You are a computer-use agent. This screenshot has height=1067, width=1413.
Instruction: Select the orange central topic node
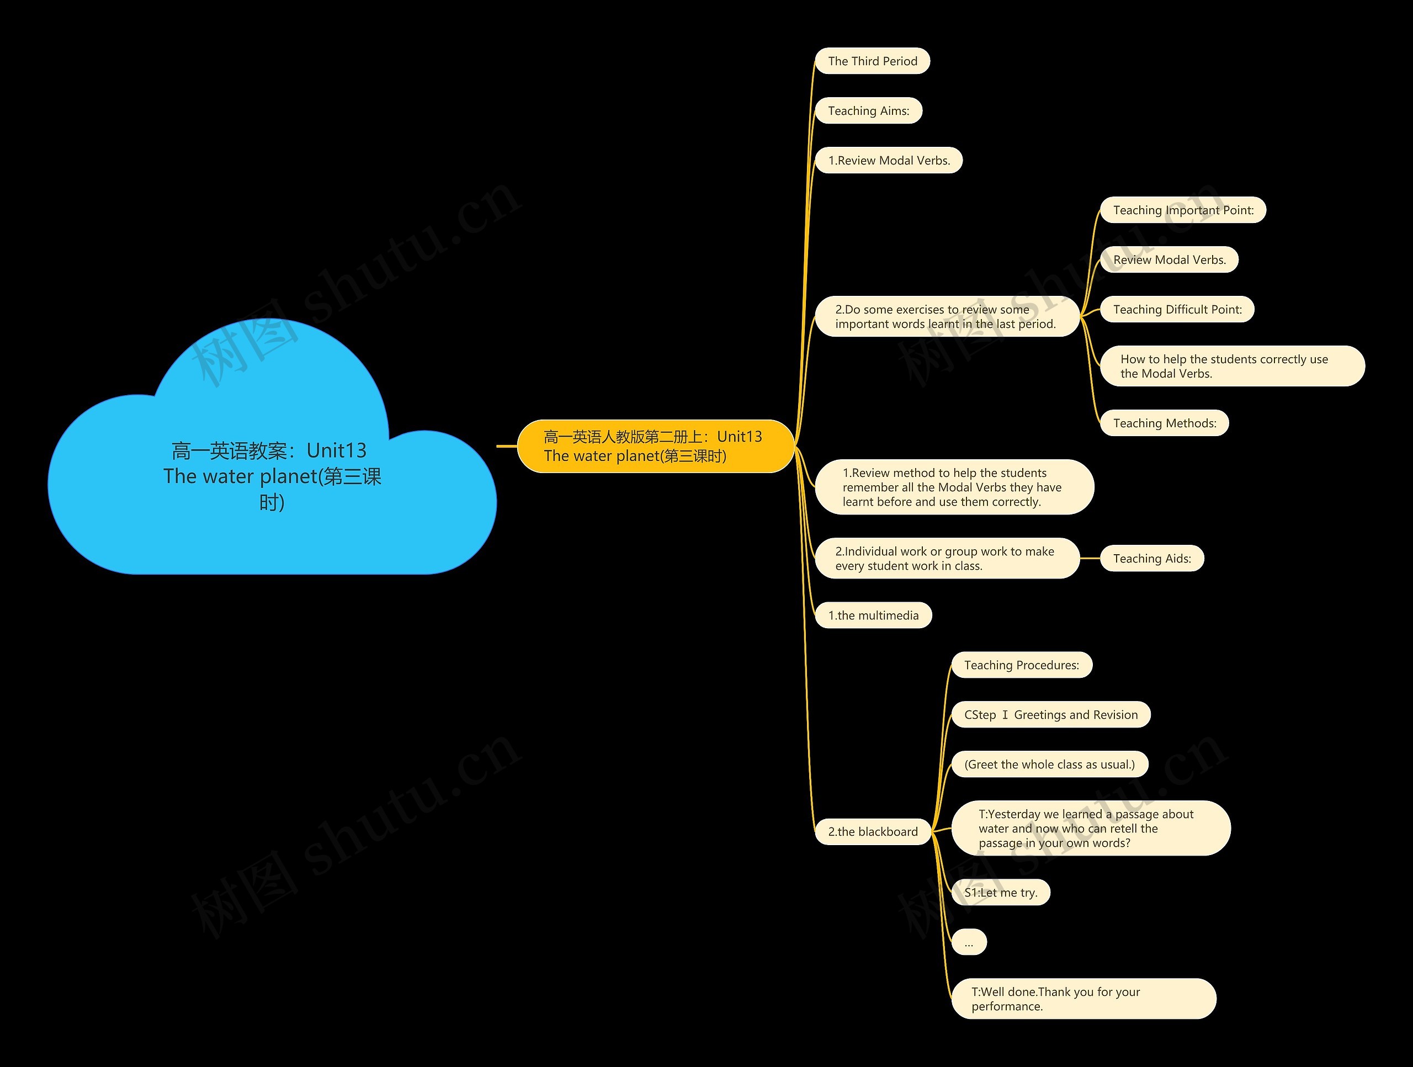655,446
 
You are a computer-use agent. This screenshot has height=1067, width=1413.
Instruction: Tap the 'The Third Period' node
873,61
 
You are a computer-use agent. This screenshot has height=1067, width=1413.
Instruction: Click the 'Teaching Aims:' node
869,110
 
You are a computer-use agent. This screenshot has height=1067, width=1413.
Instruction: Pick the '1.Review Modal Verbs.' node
889,161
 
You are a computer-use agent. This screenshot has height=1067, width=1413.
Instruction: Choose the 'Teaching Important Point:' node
1183,210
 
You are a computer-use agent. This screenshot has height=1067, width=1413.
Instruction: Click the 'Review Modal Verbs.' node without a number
1170,260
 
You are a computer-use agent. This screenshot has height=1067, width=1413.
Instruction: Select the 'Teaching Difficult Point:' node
1177,310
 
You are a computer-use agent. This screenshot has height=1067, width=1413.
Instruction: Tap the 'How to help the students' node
1232,366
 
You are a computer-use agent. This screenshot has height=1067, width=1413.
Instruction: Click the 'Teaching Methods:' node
1165,423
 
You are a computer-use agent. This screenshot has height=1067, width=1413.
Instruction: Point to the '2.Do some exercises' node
947,317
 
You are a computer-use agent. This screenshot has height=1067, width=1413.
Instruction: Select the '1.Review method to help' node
954,487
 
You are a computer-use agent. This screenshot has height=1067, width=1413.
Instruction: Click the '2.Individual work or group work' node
947,559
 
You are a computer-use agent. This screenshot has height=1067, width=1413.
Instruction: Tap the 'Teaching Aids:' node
1152,559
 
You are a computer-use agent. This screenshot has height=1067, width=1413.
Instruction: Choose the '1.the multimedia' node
873,615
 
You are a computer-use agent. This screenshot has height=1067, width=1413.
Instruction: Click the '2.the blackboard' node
873,831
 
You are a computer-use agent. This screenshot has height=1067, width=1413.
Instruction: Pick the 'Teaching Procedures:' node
1022,665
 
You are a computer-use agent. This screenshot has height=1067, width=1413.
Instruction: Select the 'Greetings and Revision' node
1051,714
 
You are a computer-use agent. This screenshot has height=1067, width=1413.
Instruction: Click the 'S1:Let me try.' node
1000,893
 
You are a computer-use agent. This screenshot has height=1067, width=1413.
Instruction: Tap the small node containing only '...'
969,942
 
